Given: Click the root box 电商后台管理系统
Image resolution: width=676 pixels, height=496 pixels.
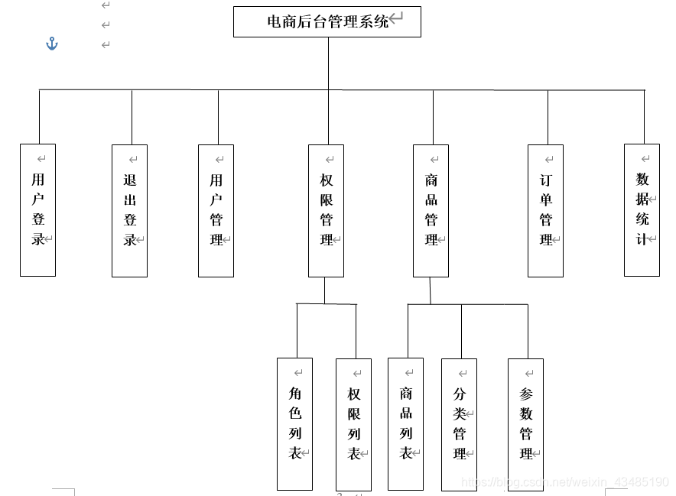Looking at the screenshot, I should [327, 21].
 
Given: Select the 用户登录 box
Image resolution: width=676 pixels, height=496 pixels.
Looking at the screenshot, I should [37, 210].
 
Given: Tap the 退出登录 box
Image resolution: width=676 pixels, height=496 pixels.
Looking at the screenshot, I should [129, 210].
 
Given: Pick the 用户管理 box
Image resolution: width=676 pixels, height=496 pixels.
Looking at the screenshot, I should [216, 210].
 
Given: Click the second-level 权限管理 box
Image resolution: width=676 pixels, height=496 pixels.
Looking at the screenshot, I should [326, 210].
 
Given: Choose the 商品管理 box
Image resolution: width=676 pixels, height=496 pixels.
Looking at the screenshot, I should [431, 210].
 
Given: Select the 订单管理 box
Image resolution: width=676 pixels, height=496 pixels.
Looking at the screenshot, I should [545, 210].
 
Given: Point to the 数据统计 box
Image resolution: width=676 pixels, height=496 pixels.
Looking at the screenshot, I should [642, 210].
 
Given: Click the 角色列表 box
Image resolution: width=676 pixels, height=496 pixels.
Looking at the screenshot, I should [294, 423].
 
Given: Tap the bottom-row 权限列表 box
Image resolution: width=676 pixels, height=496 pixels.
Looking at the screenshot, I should [353, 424].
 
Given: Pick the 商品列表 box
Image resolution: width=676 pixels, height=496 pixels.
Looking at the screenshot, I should [405, 423].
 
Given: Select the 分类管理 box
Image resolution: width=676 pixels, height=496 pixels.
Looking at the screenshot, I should [459, 424].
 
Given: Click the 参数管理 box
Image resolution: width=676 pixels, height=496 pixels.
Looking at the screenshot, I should [525, 424].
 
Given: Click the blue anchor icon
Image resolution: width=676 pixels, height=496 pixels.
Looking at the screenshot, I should [52, 44].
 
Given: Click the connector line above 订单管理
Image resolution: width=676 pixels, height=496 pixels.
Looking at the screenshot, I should [547, 117].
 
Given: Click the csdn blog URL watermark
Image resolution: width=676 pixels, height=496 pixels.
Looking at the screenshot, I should [566, 482].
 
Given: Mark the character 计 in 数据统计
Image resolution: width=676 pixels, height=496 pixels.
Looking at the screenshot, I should [642, 238].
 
